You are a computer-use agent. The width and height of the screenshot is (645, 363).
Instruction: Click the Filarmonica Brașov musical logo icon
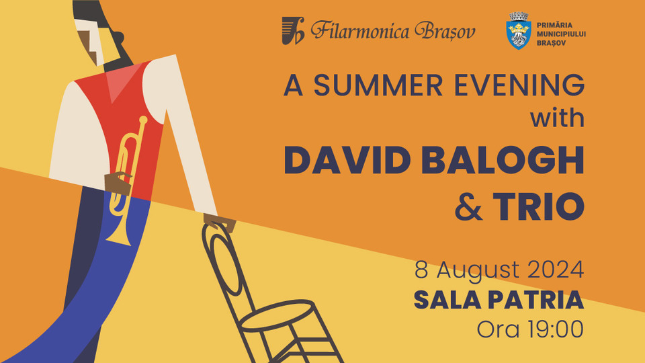293,30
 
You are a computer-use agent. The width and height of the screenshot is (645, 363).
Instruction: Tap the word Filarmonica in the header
360,31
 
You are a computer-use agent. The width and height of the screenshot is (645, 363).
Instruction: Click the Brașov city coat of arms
518,31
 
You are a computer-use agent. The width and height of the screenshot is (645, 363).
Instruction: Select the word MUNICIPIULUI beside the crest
561,34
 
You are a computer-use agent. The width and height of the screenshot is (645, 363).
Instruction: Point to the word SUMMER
378,85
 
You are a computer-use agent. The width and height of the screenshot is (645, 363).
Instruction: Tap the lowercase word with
558,118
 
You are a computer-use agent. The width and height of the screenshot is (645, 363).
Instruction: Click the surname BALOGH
503,160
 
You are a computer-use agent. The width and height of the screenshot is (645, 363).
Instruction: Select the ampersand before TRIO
468,206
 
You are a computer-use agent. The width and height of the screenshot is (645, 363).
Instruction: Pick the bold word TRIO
539,206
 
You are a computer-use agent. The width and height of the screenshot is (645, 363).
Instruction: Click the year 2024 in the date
556,270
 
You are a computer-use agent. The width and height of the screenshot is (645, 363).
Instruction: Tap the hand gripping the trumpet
118,183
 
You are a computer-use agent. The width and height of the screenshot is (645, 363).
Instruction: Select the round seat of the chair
277,315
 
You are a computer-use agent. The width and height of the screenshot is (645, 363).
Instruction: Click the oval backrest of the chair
226,264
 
